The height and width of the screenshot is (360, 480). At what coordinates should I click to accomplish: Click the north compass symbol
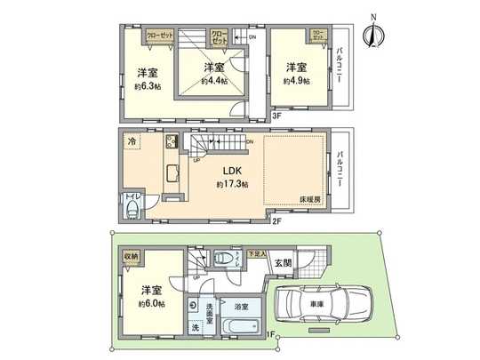tap(374, 34)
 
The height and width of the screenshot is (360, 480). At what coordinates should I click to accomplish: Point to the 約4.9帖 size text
tap(296, 81)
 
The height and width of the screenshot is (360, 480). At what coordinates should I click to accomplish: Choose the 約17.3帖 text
tap(233, 184)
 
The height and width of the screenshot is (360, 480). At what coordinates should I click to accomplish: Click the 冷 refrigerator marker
tap(132, 141)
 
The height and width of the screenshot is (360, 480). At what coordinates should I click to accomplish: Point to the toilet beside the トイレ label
tap(132, 208)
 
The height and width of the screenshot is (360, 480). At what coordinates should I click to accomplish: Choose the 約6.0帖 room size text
tap(148, 303)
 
